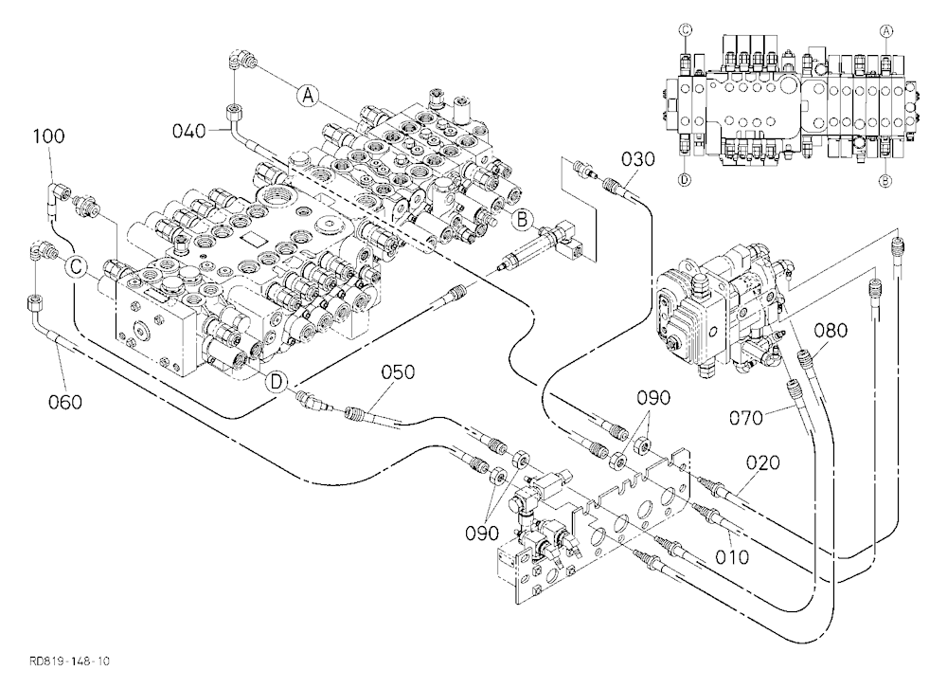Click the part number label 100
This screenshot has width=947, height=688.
(48, 136)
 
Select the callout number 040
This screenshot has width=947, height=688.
(189, 131)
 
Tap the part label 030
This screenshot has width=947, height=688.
(637, 159)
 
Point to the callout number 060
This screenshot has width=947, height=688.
(64, 402)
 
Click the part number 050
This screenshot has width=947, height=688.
(398, 371)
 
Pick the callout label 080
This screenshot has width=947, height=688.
(831, 331)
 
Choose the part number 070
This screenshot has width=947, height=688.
(746, 418)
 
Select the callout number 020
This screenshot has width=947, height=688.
(762, 463)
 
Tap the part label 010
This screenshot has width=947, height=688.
(731, 556)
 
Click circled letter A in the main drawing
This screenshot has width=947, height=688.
(308, 95)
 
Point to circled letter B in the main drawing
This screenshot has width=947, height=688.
(523, 220)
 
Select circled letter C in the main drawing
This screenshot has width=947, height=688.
(78, 266)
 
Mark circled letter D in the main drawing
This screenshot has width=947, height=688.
(276, 381)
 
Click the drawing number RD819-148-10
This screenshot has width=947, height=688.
(69, 661)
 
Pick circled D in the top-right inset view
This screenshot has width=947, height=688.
(685, 179)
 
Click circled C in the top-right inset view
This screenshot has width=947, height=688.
(686, 29)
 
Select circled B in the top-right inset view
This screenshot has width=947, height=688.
(886, 179)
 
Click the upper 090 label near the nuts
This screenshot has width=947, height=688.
(654, 398)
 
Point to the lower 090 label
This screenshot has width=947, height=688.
(482, 533)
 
